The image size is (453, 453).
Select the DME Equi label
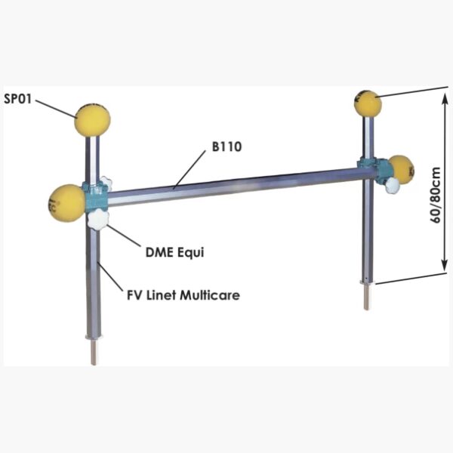tap(174, 252)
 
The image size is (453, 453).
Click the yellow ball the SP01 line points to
tap(92, 120)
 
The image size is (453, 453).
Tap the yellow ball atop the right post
tap(368, 103)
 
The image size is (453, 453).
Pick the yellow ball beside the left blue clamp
tap(66, 202)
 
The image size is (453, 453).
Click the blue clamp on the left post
tap(97, 198)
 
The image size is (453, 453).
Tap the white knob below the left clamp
tap(98, 220)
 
